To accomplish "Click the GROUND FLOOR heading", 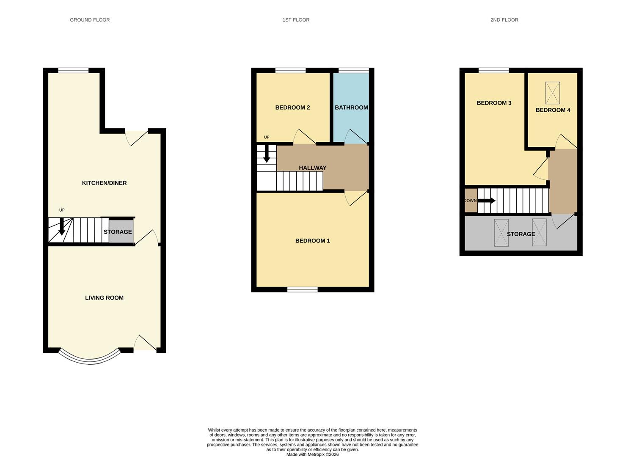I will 90,20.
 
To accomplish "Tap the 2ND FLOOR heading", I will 504,20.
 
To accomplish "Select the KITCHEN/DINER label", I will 104,183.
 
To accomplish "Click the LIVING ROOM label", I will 104,298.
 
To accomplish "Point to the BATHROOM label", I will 351,107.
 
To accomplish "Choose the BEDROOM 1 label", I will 312,241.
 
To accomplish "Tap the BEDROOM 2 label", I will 292,107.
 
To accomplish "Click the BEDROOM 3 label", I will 494,103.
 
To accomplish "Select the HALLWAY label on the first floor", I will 312,168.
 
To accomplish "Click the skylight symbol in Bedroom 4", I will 552,93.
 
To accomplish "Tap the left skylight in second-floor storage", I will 501,233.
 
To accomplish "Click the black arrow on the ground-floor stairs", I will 62,226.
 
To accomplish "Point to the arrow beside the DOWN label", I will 487,201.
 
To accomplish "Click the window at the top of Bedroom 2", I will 290,70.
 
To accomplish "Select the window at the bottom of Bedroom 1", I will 302,289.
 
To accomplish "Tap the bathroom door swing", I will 355,136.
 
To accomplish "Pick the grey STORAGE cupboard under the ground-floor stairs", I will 121,232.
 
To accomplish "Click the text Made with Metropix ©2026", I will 312,454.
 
